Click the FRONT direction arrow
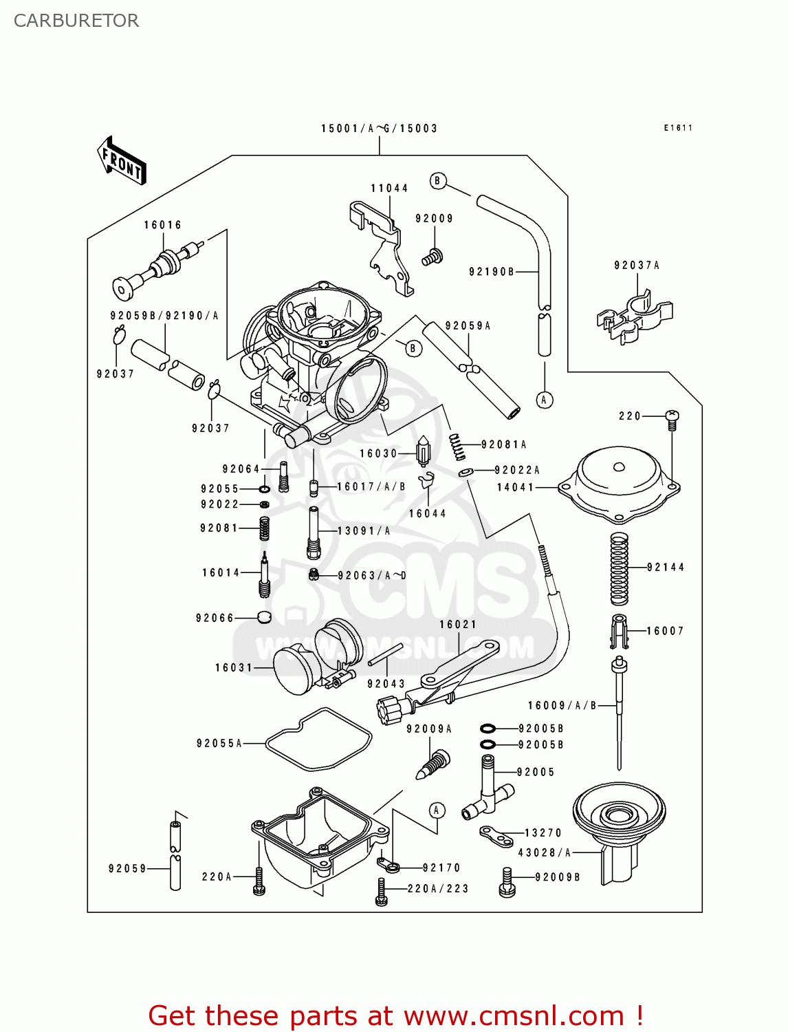pos(122,160)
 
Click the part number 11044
pos(389,189)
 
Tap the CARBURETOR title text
pos(76,21)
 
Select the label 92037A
pos(637,266)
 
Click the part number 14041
pos(516,488)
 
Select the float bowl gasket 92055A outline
pos(318,740)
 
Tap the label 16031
pos(234,668)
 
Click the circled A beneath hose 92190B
pos(545,400)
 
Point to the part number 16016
pos(163,226)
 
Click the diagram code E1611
pos(678,128)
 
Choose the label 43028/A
pos(545,853)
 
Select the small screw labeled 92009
pos(431,258)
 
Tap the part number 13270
pos(543,833)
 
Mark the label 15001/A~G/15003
pos(379,129)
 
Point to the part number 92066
pos(215,619)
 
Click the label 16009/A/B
pos(562,706)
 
